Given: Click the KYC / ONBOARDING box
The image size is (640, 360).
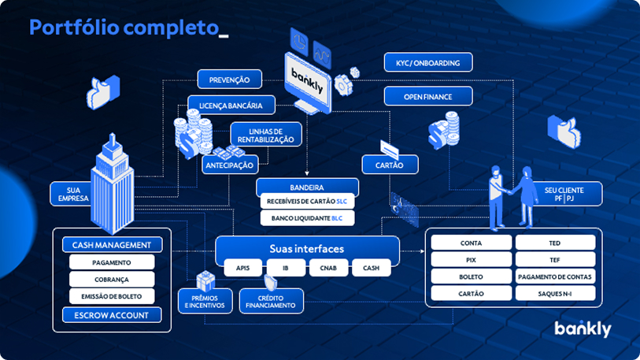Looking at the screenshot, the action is (x=428, y=62).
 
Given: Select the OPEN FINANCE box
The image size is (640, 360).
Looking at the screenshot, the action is (x=428, y=97).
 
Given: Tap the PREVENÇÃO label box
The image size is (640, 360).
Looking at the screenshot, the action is (x=229, y=80).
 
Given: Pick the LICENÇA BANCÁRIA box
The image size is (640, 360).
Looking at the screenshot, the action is (x=231, y=106).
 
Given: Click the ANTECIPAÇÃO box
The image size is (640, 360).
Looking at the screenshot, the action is (x=230, y=165).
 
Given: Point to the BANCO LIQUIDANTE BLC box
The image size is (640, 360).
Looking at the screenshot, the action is (x=307, y=218).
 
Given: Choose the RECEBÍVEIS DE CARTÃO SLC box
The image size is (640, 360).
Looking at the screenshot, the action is (x=307, y=202).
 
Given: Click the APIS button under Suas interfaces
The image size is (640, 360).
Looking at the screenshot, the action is (x=243, y=268).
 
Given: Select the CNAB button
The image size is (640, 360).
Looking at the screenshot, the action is (x=328, y=268).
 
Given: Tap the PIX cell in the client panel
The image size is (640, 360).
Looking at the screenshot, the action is (x=471, y=260).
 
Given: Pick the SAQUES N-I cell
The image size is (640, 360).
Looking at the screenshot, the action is (x=555, y=293).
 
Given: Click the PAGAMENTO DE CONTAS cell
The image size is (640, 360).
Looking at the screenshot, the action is (x=555, y=276).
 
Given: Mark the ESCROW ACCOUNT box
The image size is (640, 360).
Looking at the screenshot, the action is (x=112, y=315).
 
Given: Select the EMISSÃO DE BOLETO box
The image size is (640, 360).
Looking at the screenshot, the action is (x=112, y=296).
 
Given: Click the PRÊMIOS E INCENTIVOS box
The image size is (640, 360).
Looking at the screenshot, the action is (x=205, y=301).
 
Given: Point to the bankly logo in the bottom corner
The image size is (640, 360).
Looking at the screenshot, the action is (x=583, y=328).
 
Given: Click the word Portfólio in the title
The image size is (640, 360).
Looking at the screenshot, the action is (x=74, y=28).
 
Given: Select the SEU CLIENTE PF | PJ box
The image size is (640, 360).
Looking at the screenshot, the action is (x=564, y=194).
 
